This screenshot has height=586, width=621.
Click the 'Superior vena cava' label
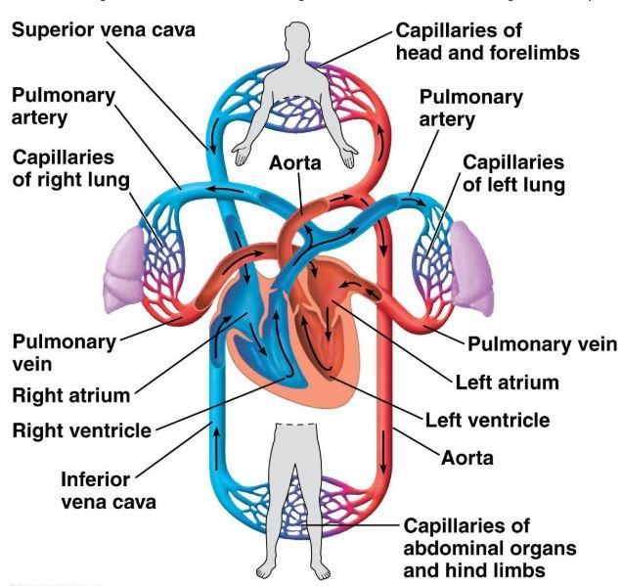coord(103,28)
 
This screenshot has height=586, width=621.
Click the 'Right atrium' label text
coord(70,395)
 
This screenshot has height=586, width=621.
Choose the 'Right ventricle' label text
coord(81,429)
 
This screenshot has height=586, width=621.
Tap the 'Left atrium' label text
coord(507,382)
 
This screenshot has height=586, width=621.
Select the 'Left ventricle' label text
coord(487,421)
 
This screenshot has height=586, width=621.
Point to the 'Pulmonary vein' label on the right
coord(542,344)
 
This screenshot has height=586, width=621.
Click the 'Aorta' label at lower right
coord(466,457)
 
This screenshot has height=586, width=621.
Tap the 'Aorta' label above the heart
coord(295,163)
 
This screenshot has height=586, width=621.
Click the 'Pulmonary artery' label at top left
coord(64,107)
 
